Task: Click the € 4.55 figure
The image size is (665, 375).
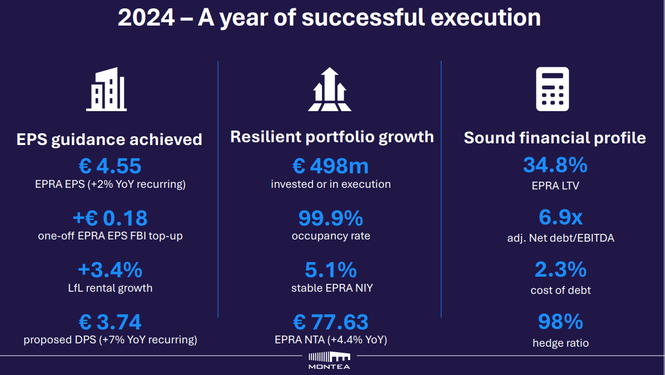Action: (110, 166)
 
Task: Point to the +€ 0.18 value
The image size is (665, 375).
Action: (110, 218)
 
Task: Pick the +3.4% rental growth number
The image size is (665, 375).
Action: (110, 270)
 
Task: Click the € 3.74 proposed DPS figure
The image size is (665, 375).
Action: (110, 322)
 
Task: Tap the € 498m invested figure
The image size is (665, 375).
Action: (331, 166)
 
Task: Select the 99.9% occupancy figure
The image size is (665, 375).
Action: (331, 218)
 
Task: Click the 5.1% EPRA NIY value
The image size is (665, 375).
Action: (331, 270)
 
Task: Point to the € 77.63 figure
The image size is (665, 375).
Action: (331, 322)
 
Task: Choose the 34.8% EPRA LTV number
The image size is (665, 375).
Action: (555, 165)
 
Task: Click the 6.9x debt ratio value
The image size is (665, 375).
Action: (560, 217)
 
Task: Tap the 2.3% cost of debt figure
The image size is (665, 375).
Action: (560, 269)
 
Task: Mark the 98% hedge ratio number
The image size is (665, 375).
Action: (560, 322)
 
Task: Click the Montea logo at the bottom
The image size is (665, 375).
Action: (329, 361)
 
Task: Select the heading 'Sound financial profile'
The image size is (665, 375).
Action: (555, 138)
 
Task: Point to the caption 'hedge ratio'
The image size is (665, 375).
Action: (560, 343)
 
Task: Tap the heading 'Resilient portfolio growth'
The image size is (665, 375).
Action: (332, 137)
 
